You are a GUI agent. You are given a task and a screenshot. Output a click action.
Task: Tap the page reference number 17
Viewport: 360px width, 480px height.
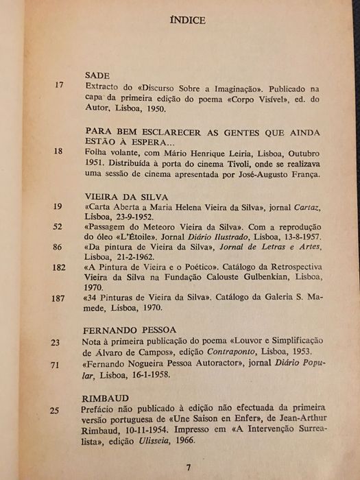click(58, 86)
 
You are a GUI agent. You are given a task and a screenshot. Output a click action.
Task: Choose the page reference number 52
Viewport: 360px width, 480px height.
click(58, 227)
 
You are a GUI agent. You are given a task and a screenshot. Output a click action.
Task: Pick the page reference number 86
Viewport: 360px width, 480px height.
click(58, 246)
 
